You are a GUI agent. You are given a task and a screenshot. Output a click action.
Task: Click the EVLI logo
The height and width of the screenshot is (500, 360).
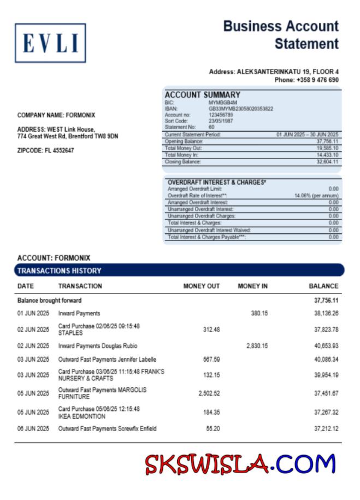click(50, 43)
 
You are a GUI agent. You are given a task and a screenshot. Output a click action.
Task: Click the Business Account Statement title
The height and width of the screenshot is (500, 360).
click(281, 35)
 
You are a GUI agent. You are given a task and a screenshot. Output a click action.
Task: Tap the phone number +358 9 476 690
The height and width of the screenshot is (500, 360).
click(306, 80)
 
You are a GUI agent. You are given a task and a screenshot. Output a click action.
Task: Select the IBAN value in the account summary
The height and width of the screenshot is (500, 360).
click(240, 109)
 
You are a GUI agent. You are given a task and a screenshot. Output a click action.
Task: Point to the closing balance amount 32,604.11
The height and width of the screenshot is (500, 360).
click(327, 162)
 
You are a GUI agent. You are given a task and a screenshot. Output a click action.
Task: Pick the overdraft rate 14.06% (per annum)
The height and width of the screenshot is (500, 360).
click(316, 195)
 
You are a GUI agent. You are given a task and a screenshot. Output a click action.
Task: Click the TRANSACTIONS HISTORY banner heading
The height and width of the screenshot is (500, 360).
click(59, 270)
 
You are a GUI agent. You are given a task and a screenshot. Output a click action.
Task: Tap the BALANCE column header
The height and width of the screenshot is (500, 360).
click(323, 286)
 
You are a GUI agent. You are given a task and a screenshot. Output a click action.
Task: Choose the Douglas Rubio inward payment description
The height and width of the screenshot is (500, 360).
click(98, 346)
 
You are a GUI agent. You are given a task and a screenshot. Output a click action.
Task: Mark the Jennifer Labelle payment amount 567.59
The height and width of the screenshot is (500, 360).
click(211, 360)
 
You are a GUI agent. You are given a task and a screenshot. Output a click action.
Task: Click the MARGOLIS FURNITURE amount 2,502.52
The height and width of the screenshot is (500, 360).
click(209, 393)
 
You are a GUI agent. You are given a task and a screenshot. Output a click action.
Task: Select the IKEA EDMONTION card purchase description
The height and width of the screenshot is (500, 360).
click(98, 413)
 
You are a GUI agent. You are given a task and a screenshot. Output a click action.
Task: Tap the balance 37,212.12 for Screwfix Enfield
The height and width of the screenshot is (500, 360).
click(326, 429)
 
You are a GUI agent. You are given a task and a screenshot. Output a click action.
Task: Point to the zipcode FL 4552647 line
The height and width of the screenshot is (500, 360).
click(46, 150)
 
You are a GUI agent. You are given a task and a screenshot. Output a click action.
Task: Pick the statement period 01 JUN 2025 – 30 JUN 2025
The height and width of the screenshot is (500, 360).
click(308, 134)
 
